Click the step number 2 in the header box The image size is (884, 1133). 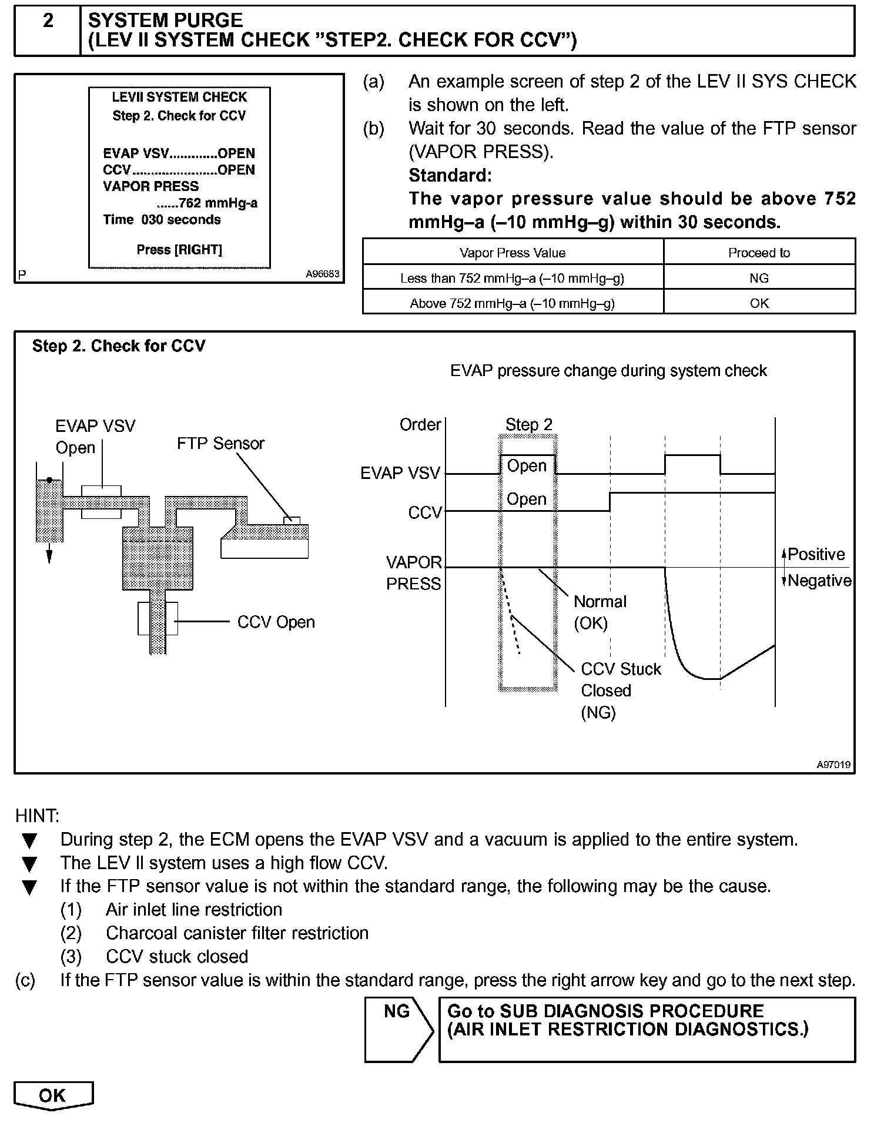48,22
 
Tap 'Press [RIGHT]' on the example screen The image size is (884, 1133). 179,250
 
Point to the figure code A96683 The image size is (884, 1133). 322,274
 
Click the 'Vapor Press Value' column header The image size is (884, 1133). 512,253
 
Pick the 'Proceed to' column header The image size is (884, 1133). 759,253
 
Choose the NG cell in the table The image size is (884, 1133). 759,279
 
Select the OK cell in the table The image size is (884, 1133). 759,304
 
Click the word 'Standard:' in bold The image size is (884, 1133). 450,176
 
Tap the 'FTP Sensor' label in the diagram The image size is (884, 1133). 220,444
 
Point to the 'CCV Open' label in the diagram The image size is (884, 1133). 276,622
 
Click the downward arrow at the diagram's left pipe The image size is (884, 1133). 49,555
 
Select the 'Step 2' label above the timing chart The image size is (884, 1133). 528,425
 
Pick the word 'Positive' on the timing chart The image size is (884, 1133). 816,555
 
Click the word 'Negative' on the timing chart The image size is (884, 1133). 819,581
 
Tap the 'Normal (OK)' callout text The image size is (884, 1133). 600,612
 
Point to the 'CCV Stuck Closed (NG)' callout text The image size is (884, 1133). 620,691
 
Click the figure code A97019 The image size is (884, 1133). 833,765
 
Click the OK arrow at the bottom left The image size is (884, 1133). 53,1095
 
